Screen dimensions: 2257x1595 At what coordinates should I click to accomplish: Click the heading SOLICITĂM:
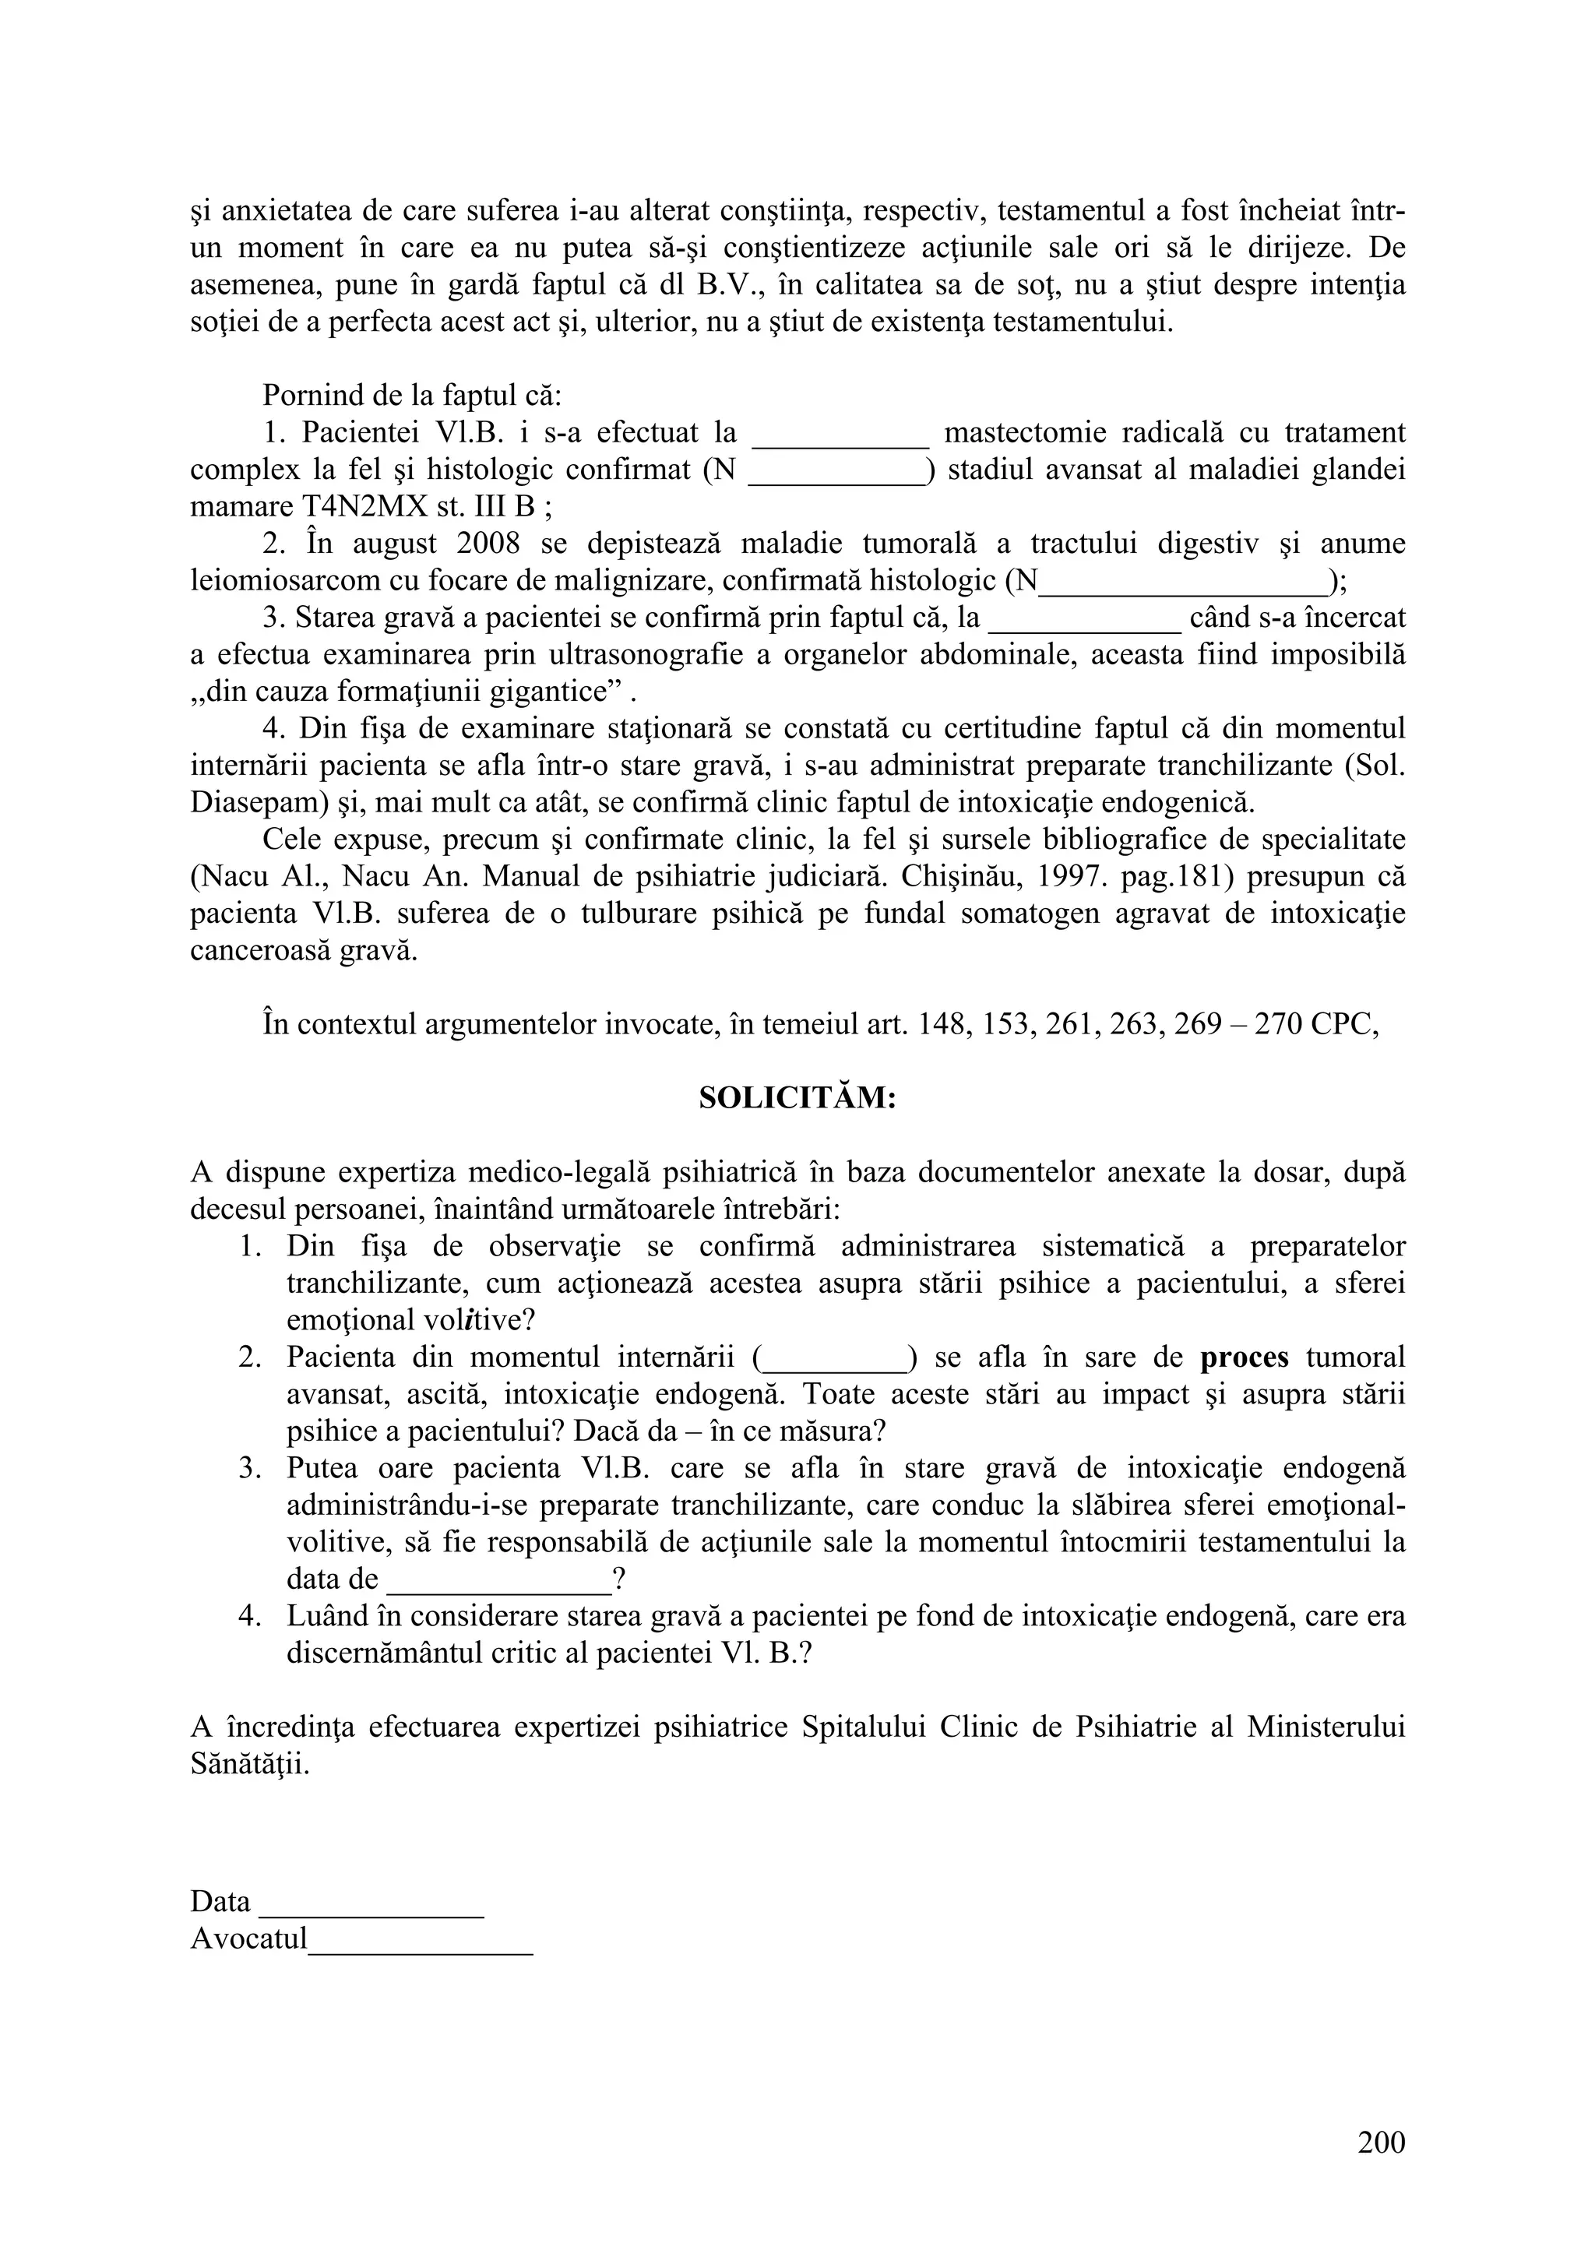click(x=797, y=1098)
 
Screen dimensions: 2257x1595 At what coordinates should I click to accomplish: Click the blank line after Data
click(x=371, y=1902)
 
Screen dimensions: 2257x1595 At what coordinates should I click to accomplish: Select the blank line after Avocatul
click(x=421, y=1939)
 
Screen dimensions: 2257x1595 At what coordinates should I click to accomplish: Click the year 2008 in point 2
click(x=487, y=544)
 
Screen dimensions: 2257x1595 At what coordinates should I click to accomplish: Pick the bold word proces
click(x=1245, y=1357)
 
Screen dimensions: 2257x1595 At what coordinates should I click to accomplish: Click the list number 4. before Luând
click(x=250, y=1617)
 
